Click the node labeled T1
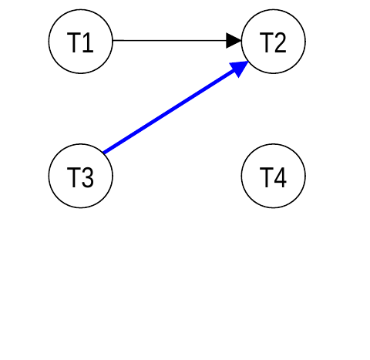click(81, 42)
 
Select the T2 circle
click(274, 42)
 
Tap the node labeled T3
click(81, 176)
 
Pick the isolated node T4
click(274, 176)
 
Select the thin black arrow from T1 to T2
click(177, 40)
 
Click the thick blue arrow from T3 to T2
click(176, 107)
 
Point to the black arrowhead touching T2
click(234, 40)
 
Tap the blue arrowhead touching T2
click(240, 68)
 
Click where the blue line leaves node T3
click(103, 153)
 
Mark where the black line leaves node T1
click(113, 40)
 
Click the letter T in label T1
click(73, 42)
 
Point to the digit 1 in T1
click(88, 42)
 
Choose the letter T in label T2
click(266, 42)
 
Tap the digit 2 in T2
click(281, 42)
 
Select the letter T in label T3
click(73, 177)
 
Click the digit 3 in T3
click(88, 177)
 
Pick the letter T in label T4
click(266, 177)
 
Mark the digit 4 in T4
click(281, 177)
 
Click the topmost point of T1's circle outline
click(81, 9)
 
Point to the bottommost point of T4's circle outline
click(274, 208)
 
